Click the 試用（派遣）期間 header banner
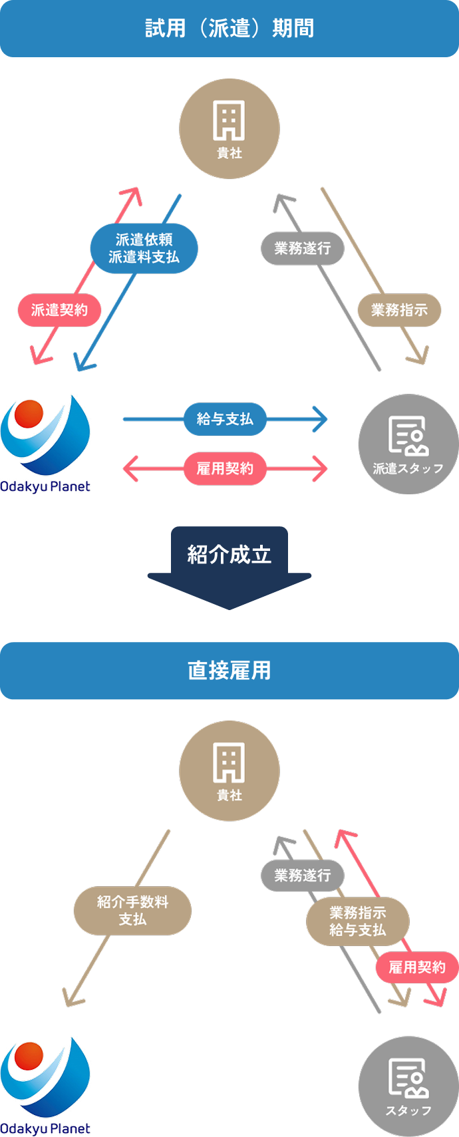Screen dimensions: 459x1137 (x=230, y=29)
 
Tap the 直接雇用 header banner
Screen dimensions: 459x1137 (x=230, y=671)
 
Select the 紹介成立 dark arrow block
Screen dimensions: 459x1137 (x=230, y=568)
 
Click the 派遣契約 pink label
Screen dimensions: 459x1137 (x=59, y=309)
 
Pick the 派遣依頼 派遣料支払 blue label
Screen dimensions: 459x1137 (x=144, y=248)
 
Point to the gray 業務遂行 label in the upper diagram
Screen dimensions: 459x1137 (x=303, y=248)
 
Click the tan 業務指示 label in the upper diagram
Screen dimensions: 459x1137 (x=399, y=309)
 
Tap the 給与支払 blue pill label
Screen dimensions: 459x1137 (x=225, y=418)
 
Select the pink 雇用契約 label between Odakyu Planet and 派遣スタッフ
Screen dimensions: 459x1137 (x=225, y=468)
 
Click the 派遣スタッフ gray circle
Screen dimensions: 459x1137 (x=408, y=444)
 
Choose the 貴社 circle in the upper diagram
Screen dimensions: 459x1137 (x=230, y=128)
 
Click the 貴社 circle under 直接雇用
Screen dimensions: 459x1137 (x=230, y=770)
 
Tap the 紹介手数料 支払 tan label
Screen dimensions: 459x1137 (x=132, y=911)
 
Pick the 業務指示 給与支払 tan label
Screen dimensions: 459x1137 (x=357, y=921)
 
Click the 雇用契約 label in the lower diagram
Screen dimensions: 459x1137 (x=417, y=967)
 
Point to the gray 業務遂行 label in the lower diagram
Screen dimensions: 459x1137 (x=303, y=875)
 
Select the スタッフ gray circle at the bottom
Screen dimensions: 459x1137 (x=408, y=1086)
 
